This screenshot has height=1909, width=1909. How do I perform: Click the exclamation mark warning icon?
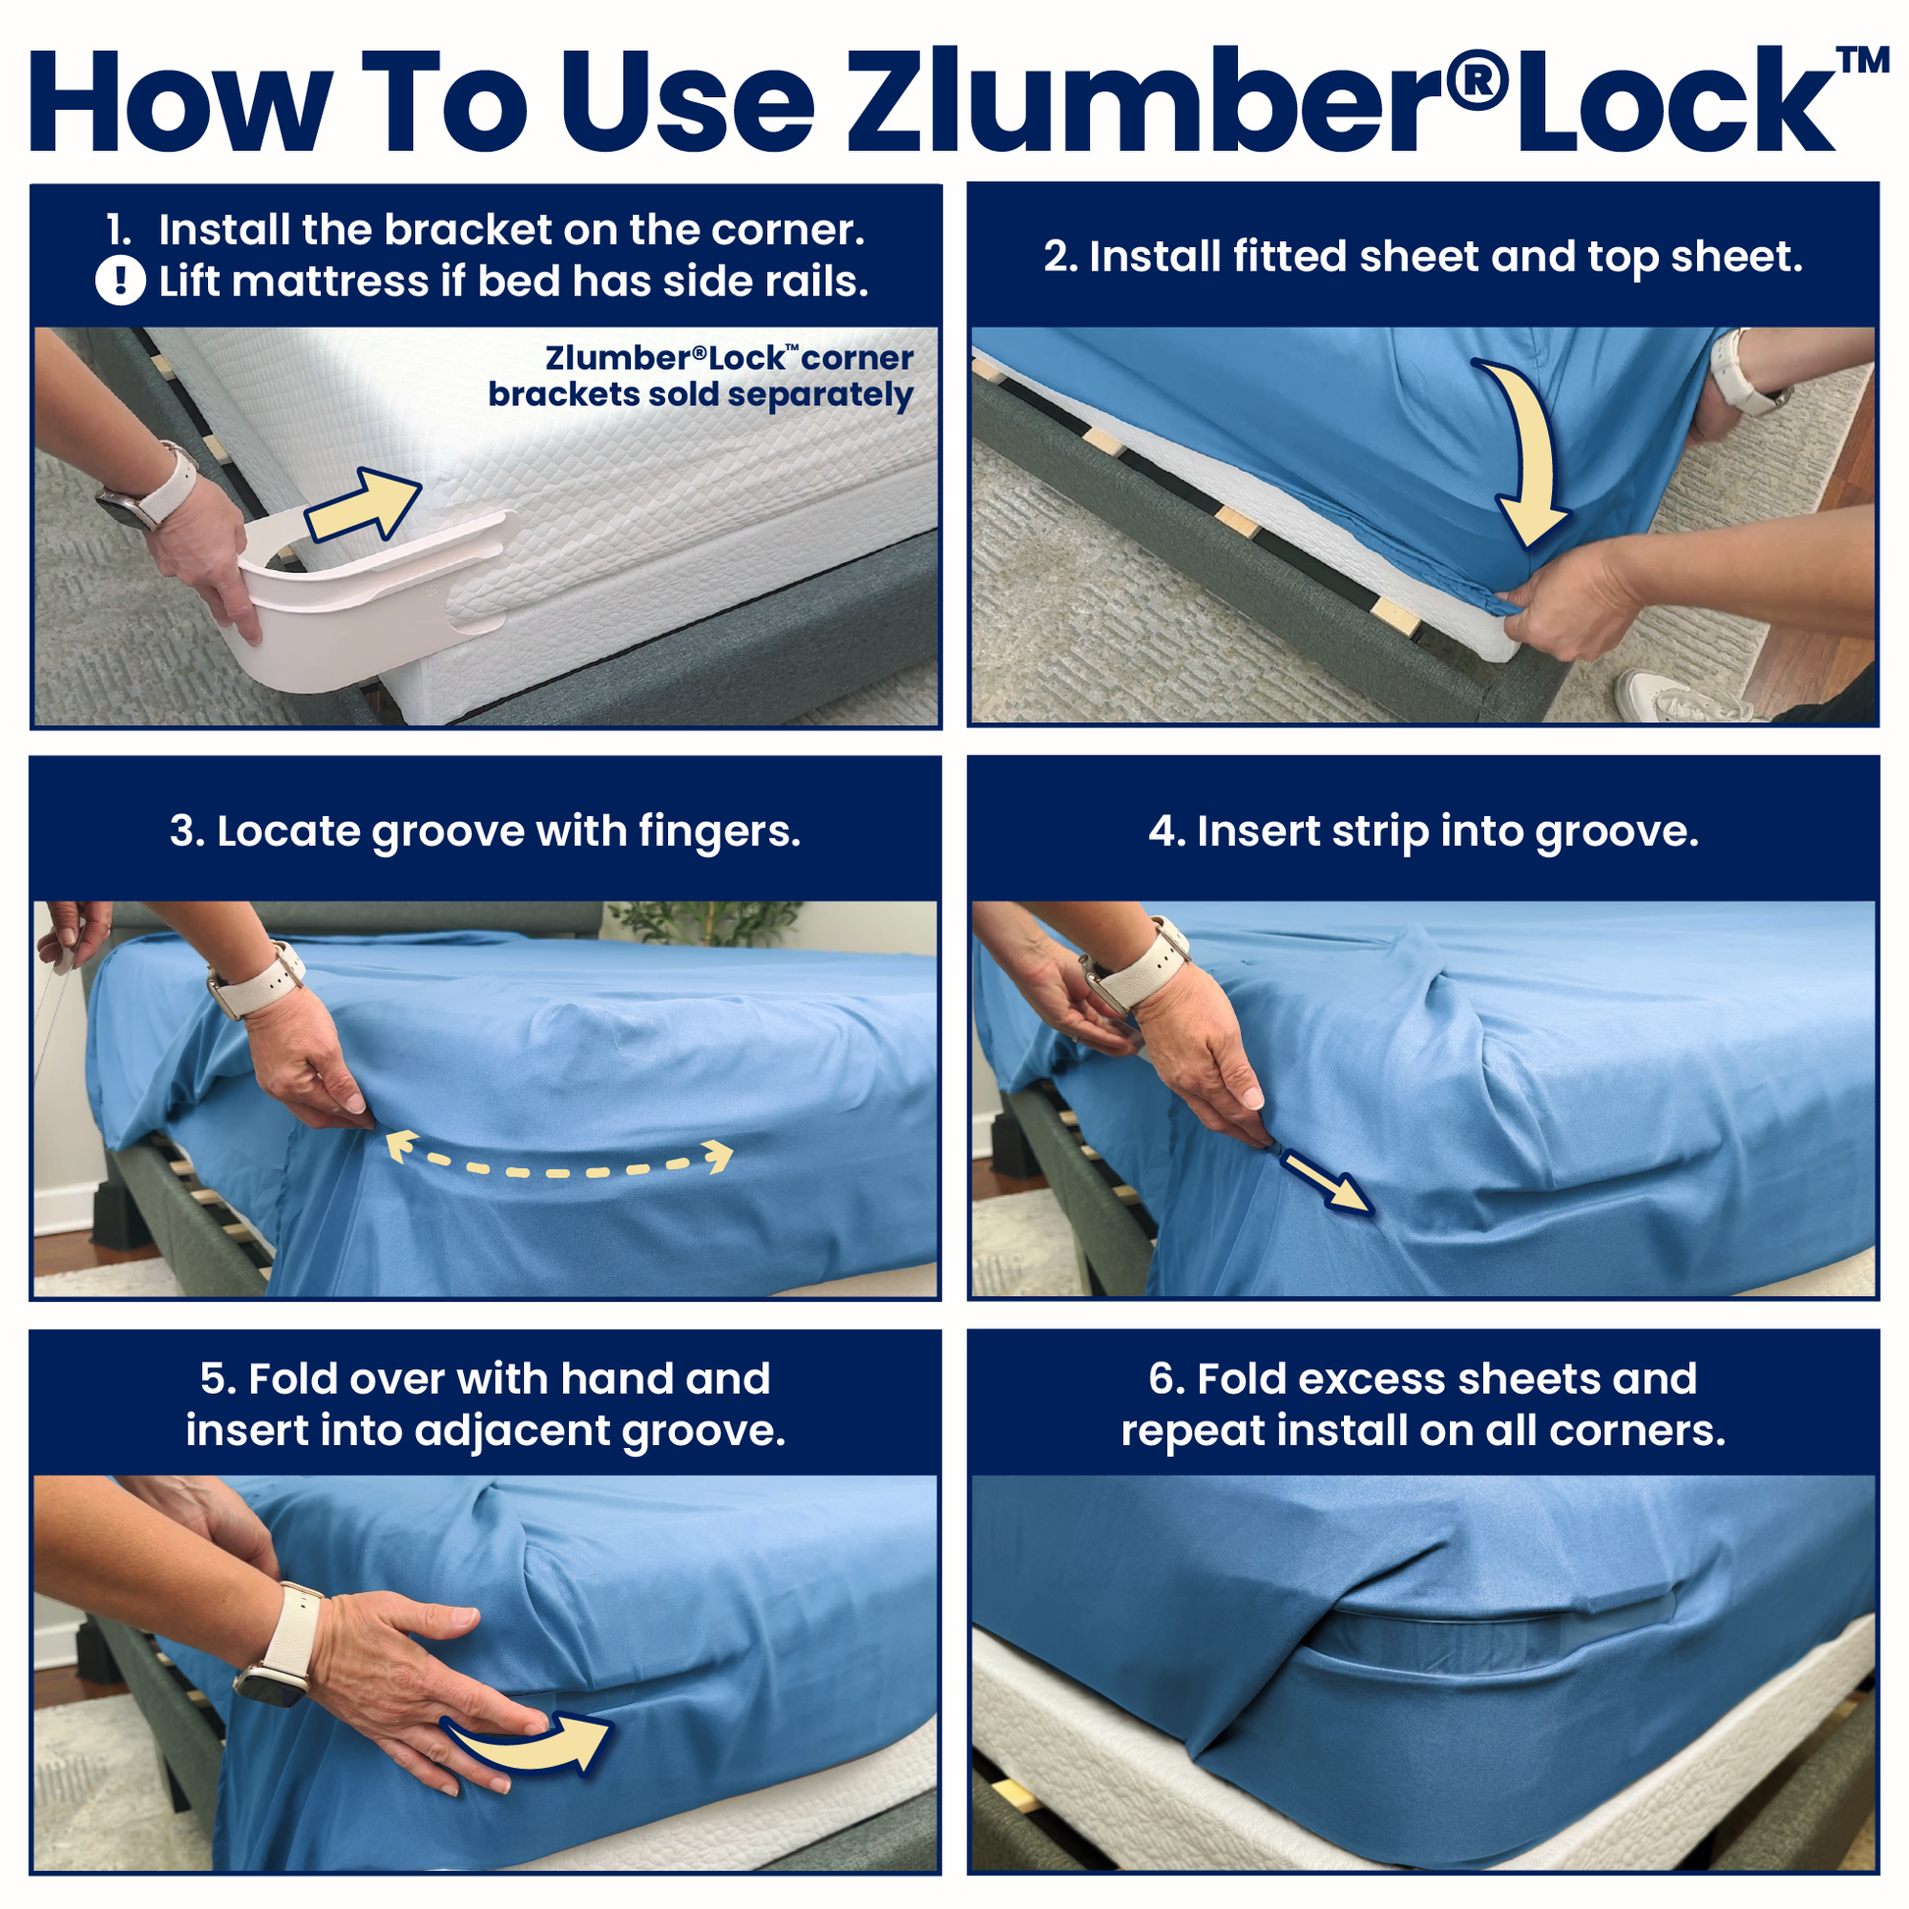(121, 281)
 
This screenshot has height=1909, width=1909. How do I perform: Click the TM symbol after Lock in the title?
(1863, 61)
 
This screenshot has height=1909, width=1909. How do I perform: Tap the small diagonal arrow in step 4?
(1326, 1182)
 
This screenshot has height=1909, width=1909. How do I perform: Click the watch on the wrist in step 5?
(274, 1670)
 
